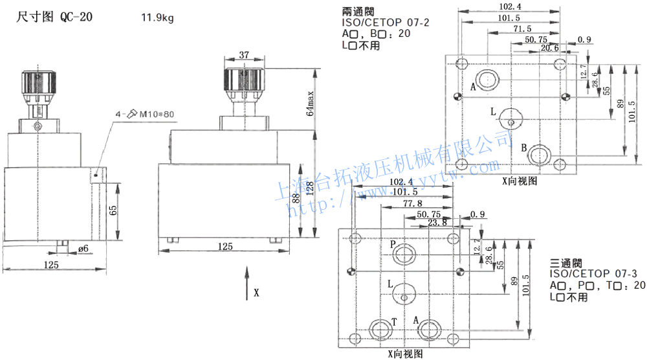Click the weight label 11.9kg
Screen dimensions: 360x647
157,18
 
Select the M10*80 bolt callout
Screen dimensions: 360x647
155,115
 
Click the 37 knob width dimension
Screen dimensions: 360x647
244,56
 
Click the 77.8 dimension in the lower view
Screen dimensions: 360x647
413,203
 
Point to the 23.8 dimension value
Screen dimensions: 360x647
437,223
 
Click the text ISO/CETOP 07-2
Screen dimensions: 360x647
386,23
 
